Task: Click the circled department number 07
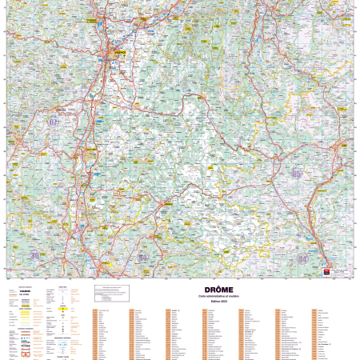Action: [x=54, y=122]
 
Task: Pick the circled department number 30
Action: [x=35, y=255]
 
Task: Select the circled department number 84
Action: [x=142, y=258]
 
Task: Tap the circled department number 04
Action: [x=302, y=258]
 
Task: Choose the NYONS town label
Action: [x=168, y=205]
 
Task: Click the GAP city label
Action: [x=344, y=146]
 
